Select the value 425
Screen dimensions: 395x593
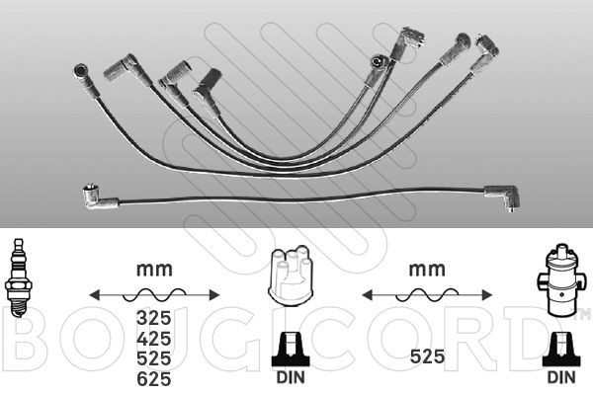pyautogui.click(x=153, y=340)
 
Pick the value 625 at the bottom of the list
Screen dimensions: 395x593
pyautogui.click(x=153, y=379)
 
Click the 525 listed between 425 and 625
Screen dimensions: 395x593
pyautogui.click(x=153, y=359)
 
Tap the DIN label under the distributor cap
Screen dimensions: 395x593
pyautogui.click(x=290, y=378)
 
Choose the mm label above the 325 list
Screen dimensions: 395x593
pyautogui.click(x=153, y=267)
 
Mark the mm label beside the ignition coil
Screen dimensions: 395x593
pyautogui.click(x=426, y=267)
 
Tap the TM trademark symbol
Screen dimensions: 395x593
pyautogui.click(x=583, y=315)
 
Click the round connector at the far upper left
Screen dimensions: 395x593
pyautogui.click(x=81, y=71)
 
